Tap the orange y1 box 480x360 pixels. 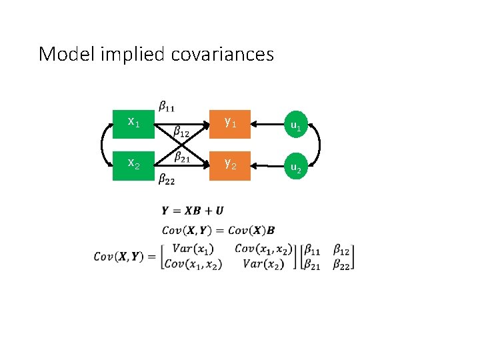click(229, 123)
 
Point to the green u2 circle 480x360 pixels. click(295, 169)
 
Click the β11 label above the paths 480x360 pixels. click(167, 105)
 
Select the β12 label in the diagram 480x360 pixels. click(181, 133)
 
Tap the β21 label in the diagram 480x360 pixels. click(181, 157)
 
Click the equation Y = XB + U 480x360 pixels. click(193, 211)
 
